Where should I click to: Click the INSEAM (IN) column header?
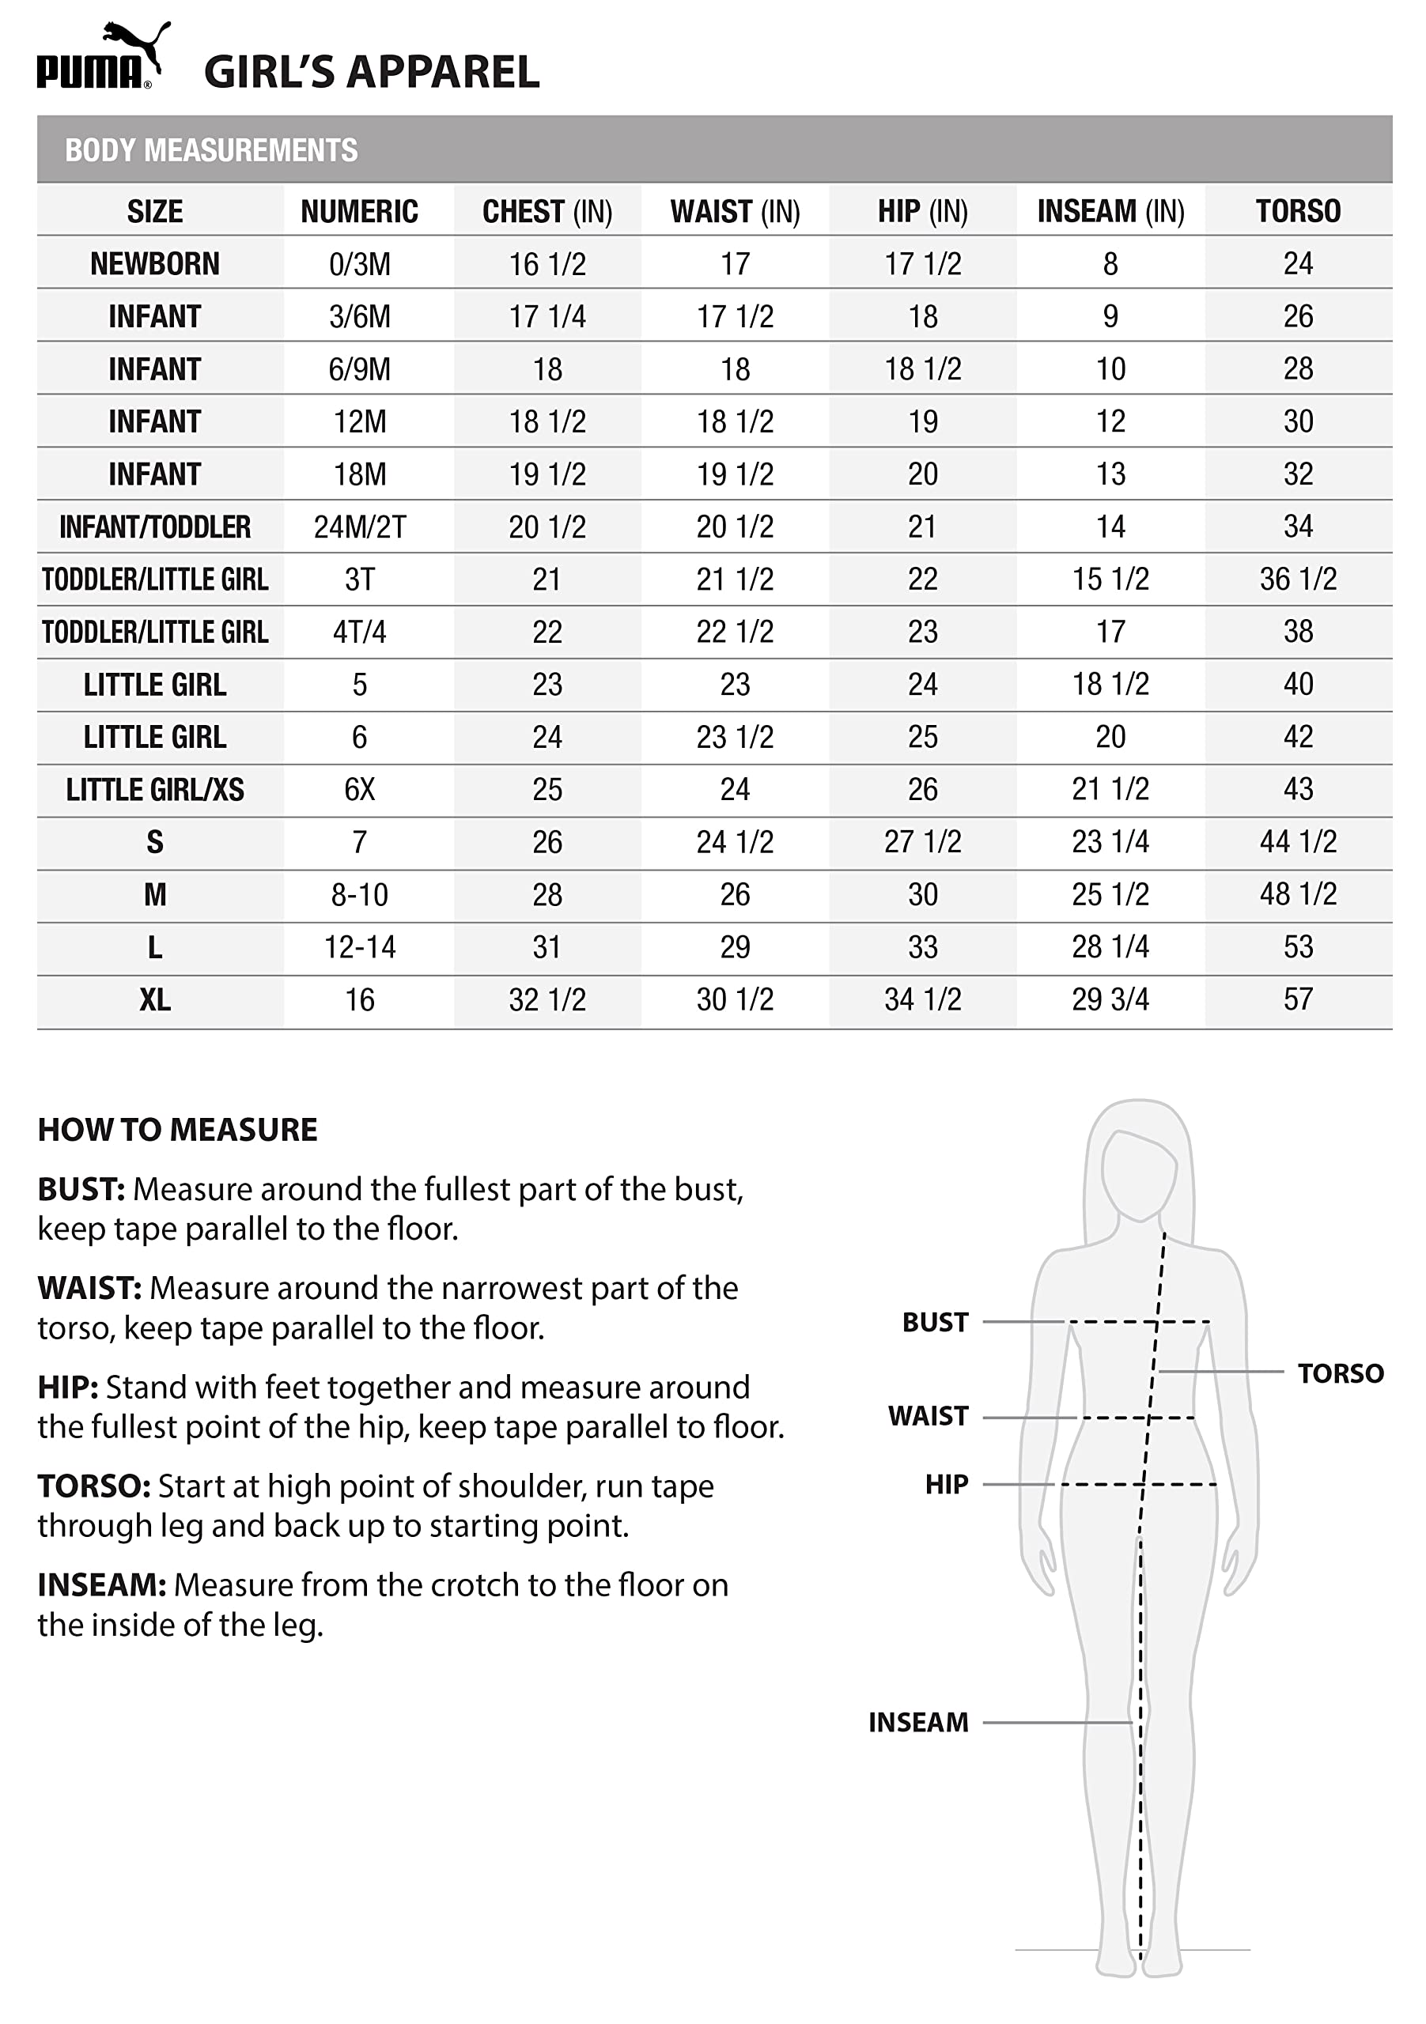click(1110, 212)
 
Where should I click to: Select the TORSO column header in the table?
click(1297, 212)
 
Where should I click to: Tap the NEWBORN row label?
click(154, 263)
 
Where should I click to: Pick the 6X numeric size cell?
click(359, 789)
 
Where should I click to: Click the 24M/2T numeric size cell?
click(359, 527)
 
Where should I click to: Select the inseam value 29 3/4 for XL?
click(1110, 999)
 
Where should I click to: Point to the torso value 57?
click(1297, 999)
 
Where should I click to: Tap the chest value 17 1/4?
click(547, 316)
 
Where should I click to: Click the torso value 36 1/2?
click(1297, 580)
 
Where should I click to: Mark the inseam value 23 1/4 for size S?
click(1110, 842)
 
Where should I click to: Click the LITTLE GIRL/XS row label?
click(154, 790)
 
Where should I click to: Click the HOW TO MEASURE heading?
click(177, 1130)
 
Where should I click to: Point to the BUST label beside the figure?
click(935, 1322)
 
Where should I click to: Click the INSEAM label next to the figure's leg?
click(918, 1723)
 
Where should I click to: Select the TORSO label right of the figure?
click(1340, 1373)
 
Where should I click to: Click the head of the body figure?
click(1139, 1172)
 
